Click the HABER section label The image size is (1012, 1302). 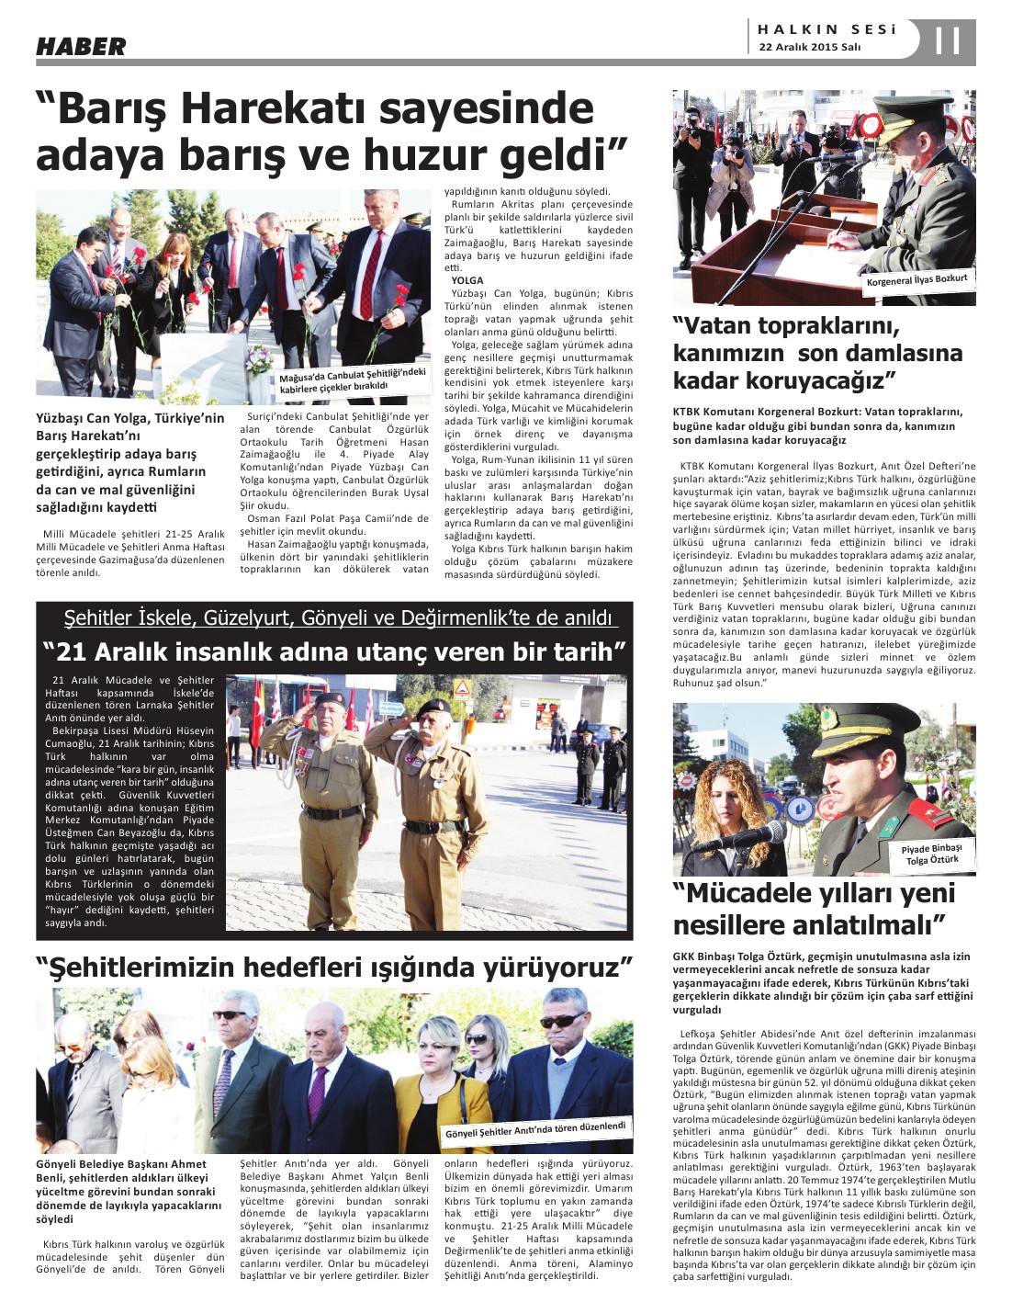[x=81, y=46]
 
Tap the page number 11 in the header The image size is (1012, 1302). [x=946, y=41]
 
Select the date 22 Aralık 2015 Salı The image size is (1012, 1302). [x=809, y=48]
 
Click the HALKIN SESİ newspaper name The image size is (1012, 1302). [x=826, y=29]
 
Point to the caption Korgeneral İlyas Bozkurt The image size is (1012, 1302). [x=916, y=279]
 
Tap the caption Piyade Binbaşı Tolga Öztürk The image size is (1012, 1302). [x=931, y=854]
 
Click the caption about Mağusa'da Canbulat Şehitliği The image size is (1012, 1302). [x=353, y=379]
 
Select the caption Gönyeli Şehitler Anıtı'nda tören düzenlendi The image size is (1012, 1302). [x=535, y=1129]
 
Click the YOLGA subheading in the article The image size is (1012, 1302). [x=467, y=280]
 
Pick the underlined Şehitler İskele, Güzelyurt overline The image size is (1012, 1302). [x=337, y=617]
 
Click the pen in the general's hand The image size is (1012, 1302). [x=838, y=229]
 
